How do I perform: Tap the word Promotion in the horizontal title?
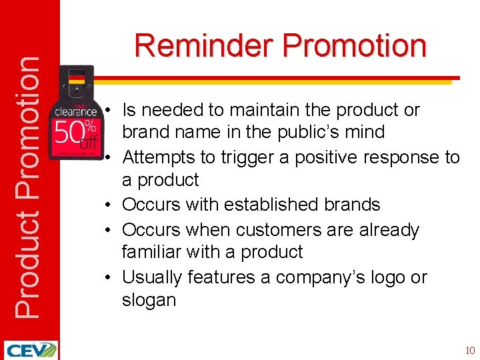[354, 47]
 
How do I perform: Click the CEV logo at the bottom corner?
[30, 350]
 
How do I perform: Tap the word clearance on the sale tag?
[75, 111]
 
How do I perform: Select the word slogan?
[149, 300]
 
